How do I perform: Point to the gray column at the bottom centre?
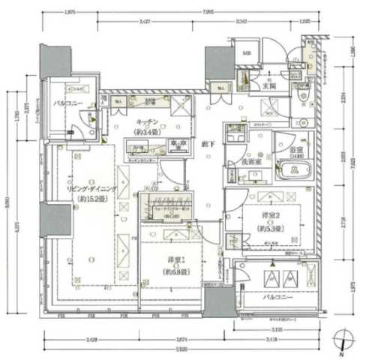tap(220, 301)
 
